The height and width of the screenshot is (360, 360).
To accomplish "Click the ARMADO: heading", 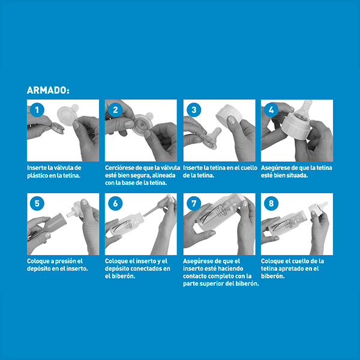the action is point(48,90).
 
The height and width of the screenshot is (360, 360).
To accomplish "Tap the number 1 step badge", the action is point(37,110).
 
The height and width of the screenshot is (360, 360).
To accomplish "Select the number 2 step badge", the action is point(115,110).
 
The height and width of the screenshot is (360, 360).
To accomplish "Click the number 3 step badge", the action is point(194,110).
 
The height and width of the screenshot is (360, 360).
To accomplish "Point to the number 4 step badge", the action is point(271,110).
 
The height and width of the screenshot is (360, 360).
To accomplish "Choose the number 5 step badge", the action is point(37,203).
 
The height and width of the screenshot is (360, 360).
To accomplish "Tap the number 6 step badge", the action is point(115,203).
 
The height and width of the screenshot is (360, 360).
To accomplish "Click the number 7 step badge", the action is point(194,203).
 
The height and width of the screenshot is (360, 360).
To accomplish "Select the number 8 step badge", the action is point(271,203).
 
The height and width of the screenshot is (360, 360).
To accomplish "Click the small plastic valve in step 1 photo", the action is point(58,128).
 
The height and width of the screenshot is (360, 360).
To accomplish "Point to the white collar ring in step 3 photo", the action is point(229,113).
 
